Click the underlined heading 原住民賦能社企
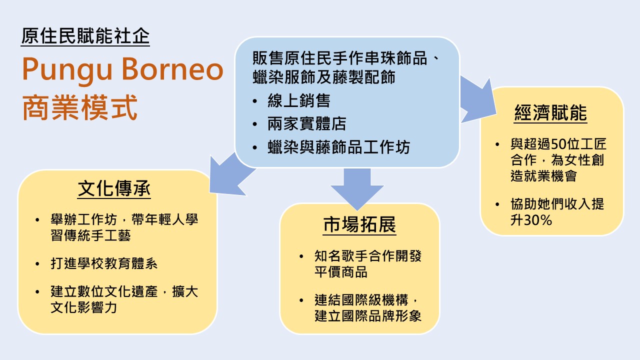pyautogui.click(x=85, y=35)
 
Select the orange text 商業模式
pyautogui.click(x=79, y=108)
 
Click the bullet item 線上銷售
pyautogui.click(x=299, y=101)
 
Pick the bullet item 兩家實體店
pyautogui.click(x=307, y=124)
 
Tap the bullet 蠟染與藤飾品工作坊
pyautogui.click(x=338, y=147)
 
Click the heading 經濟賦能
pyautogui.click(x=550, y=113)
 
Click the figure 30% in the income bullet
pyautogui.click(x=538, y=220)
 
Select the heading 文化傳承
pyautogui.click(x=114, y=189)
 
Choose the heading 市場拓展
pyautogui.click(x=359, y=225)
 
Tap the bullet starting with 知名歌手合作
pyautogui.click(x=368, y=264)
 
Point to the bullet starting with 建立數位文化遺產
pyautogui.click(x=124, y=299)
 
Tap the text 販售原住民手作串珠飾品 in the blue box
pyautogui.click(x=340, y=59)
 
